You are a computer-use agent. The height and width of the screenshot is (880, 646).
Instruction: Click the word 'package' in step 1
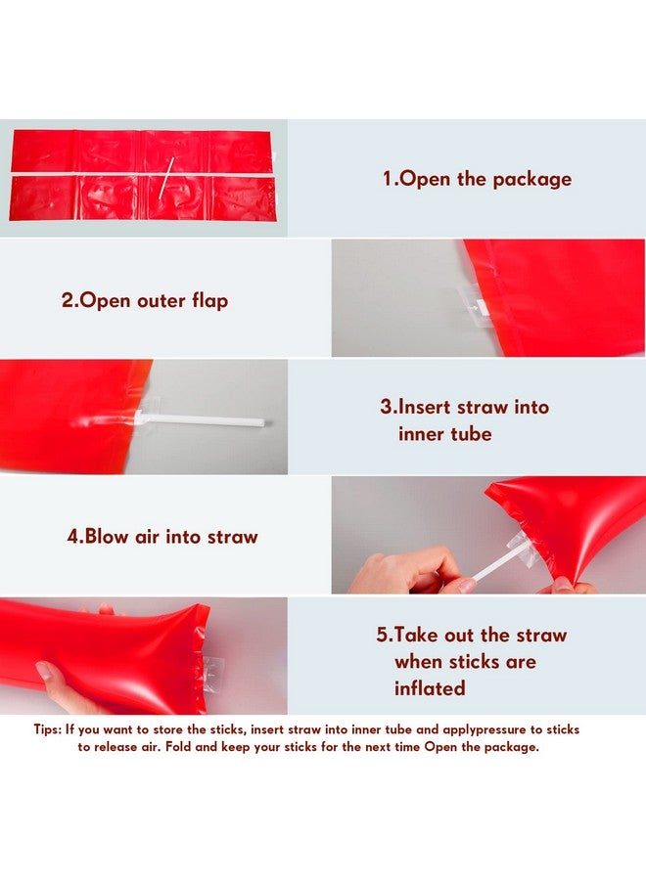[531, 179]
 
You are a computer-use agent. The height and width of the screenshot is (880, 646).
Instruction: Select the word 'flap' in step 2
[208, 300]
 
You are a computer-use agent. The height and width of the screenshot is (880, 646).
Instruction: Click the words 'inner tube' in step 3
[445, 433]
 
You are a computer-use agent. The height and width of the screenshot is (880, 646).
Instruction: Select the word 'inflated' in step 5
[429, 688]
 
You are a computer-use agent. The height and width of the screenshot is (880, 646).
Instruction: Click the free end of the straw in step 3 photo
[260, 422]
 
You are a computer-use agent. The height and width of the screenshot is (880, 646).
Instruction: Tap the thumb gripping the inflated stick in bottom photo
[48, 674]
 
